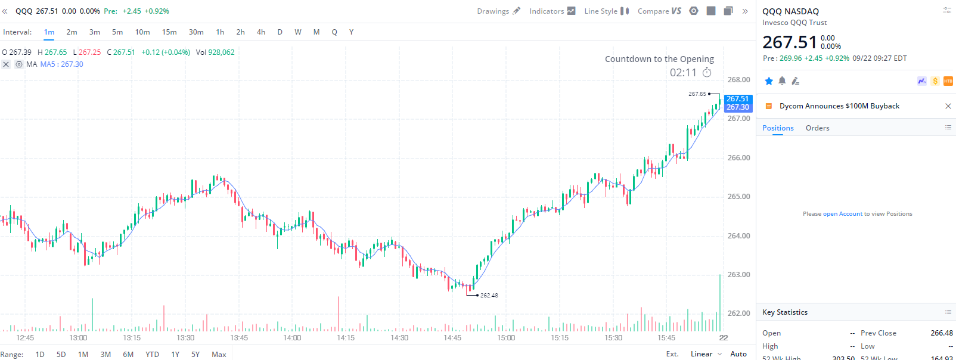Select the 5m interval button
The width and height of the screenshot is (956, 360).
click(x=117, y=32)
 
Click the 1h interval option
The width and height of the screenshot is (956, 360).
click(x=220, y=32)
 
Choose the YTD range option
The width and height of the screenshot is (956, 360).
click(x=152, y=354)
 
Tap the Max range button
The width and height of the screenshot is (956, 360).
click(x=219, y=354)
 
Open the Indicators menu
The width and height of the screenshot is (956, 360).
click(x=552, y=11)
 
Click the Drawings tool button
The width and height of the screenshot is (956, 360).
click(x=498, y=11)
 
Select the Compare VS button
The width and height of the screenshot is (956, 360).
click(x=659, y=11)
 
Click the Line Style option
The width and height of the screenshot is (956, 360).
click(x=606, y=11)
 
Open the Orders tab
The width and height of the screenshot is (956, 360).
click(x=817, y=128)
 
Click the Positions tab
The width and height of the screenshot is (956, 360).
click(x=778, y=128)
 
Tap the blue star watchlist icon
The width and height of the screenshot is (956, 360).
click(x=769, y=81)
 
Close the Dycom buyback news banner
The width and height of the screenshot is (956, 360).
click(x=948, y=106)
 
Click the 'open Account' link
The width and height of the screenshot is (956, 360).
click(x=842, y=214)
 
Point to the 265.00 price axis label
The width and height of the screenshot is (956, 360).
click(x=738, y=197)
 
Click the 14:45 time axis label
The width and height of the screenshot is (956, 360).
click(x=452, y=338)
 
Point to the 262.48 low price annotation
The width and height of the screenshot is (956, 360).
click(x=489, y=296)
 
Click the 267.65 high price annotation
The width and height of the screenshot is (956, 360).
click(x=697, y=94)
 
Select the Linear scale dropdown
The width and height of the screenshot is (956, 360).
click(x=706, y=354)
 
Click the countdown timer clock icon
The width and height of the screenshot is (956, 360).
click(x=707, y=73)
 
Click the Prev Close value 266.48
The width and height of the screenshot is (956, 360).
click(x=941, y=333)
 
